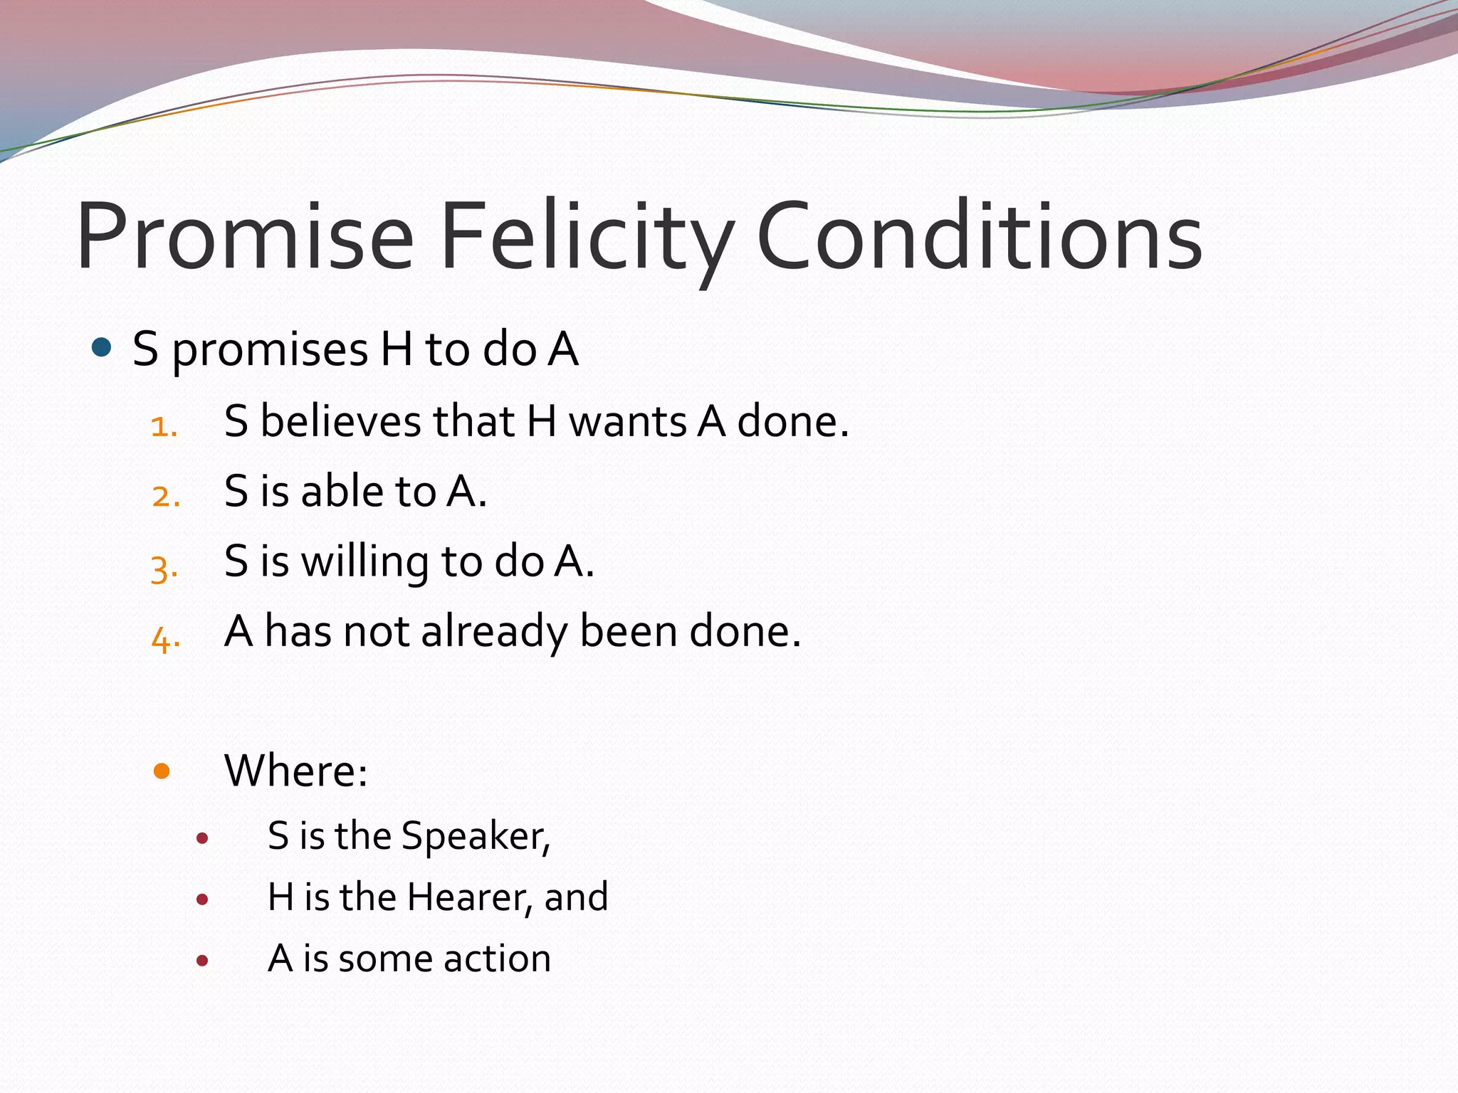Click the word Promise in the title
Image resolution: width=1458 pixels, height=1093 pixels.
tap(245, 236)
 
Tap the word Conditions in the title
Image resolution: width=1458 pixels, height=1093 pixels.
tap(980, 236)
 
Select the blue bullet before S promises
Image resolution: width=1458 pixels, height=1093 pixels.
tap(103, 348)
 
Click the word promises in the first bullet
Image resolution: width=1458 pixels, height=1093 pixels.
tap(271, 350)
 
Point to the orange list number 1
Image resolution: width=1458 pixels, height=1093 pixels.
tap(164, 427)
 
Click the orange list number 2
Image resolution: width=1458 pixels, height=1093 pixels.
tap(165, 496)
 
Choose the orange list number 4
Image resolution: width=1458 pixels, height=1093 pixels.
tap(165, 638)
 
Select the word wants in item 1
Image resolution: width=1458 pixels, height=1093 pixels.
tap(627, 421)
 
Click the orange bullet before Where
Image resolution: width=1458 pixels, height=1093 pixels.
tap(162, 771)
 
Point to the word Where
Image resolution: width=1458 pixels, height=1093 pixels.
tap(295, 771)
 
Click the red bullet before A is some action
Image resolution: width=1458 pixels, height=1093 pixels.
tap(202, 961)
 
